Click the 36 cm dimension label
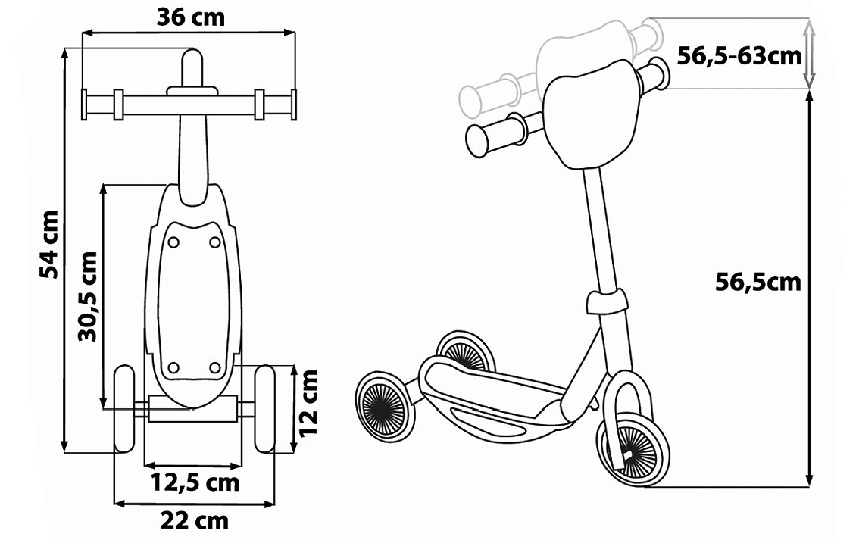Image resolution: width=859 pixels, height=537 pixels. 191,17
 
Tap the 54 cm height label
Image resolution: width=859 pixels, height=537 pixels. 50,244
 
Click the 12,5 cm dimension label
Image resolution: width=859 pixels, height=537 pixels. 194,482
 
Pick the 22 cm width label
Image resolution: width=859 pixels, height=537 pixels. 194,521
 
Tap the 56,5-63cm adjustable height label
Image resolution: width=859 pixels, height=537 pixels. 739,55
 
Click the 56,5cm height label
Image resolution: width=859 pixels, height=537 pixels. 757,282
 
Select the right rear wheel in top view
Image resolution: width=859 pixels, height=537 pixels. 264,409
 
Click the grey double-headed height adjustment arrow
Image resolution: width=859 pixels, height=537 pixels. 809,53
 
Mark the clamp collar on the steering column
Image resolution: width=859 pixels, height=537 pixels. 607,302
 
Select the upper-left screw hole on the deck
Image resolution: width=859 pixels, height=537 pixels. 173,242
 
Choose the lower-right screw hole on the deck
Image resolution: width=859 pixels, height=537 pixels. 214,368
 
